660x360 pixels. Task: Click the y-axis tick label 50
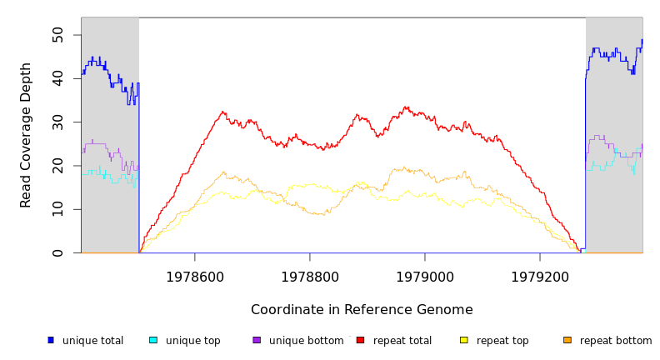[x=57, y=35]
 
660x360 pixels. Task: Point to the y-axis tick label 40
[x=57, y=78]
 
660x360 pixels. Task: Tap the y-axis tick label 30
[x=57, y=122]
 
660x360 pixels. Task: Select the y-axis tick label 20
[x=57, y=166]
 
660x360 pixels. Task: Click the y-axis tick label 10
[x=57, y=209]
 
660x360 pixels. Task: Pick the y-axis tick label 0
[x=57, y=252]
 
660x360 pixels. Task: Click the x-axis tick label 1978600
[x=195, y=277]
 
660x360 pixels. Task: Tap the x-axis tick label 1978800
[x=310, y=277]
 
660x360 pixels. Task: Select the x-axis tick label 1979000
[x=425, y=277]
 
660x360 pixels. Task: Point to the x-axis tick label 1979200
[x=540, y=277]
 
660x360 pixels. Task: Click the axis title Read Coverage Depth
[x=27, y=135]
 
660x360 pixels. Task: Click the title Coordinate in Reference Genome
[x=362, y=310]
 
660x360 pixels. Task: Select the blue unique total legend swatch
[x=51, y=340]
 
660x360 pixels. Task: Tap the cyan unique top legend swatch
[x=153, y=340]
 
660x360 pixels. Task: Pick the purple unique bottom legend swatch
[x=257, y=340]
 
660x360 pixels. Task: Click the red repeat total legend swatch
[x=360, y=340]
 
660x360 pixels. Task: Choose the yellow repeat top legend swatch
[x=463, y=340]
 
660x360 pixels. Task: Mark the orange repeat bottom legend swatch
[x=567, y=340]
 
